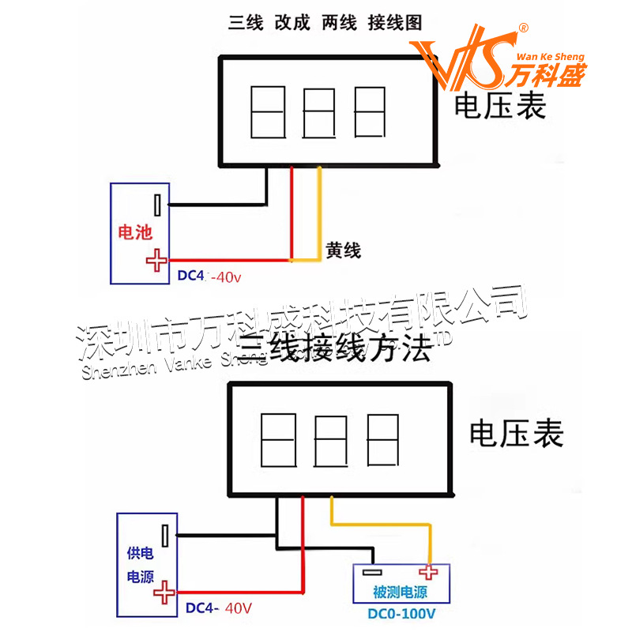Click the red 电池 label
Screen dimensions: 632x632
[134, 232]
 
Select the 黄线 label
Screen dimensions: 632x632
[344, 251]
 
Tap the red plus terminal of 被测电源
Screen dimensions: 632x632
[429, 573]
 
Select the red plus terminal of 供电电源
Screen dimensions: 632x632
[164, 591]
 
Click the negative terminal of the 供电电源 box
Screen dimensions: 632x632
[165, 536]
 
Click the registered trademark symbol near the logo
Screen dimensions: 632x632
[522, 28]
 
